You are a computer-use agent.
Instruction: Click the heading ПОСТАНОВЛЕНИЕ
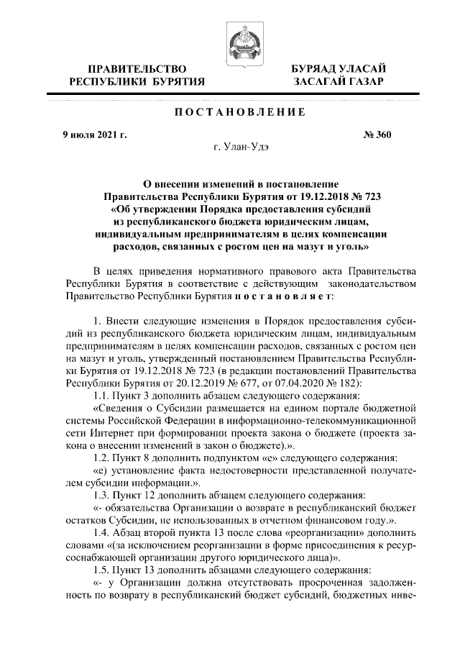[229, 111]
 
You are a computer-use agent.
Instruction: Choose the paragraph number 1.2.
[96, 457]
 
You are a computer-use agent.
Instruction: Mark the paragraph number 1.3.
[96, 496]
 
